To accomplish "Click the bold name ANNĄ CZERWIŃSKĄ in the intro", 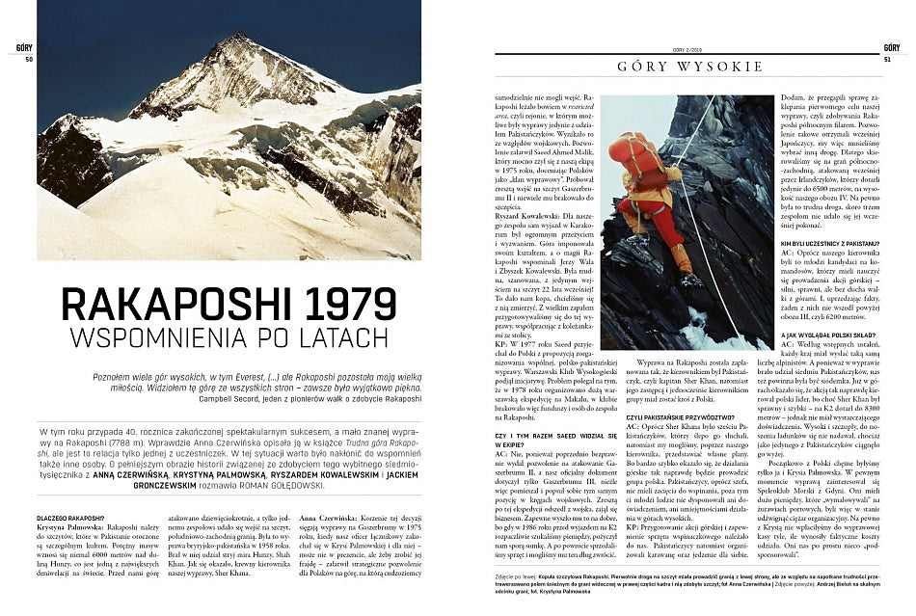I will [x=121, y=474].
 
